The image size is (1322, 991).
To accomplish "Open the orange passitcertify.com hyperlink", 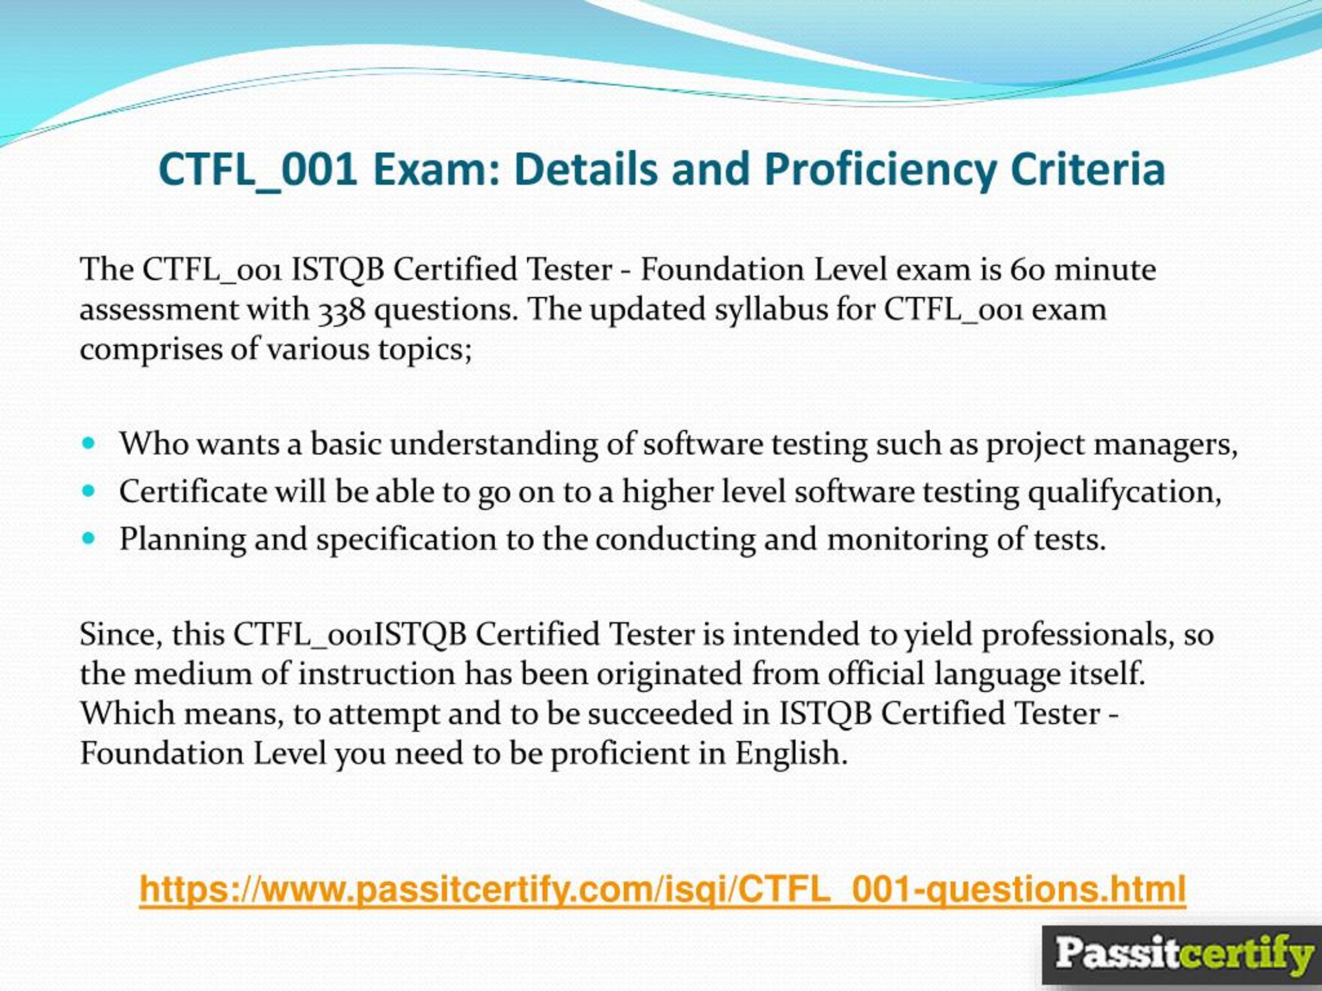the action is point(662,889).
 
